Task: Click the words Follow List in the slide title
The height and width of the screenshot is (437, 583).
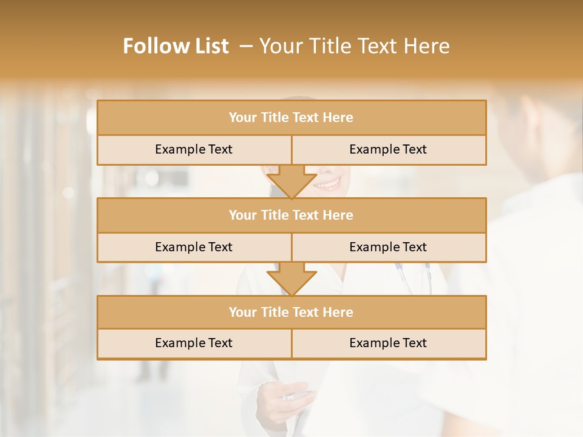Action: coord(176,46)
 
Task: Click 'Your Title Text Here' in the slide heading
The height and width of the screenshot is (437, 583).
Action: coord(354,46)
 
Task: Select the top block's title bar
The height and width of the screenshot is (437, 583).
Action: coord(291,118)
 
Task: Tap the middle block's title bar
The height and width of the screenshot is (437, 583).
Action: coord(291,215)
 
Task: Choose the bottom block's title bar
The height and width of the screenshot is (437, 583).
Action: coord(291,312)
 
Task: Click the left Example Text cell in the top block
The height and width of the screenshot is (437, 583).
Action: coord(194,149)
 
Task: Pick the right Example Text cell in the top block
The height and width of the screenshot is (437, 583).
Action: coord(388,149)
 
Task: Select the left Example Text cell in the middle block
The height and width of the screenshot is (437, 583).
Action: coord(194,247)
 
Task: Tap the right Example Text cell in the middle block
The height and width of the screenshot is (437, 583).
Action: coord(388,247)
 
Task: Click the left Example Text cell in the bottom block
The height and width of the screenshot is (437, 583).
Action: coord(194,343)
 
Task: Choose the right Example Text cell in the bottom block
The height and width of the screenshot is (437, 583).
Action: coord(388,343)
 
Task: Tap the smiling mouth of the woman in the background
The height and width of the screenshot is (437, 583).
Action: coord(328,182)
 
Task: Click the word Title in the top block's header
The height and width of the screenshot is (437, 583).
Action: coord(274,118)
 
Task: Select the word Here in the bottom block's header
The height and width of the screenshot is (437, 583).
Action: coord(338,312)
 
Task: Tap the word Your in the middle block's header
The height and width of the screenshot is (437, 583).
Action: coord(243,215)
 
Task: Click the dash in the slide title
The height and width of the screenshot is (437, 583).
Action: coord(246,46)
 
